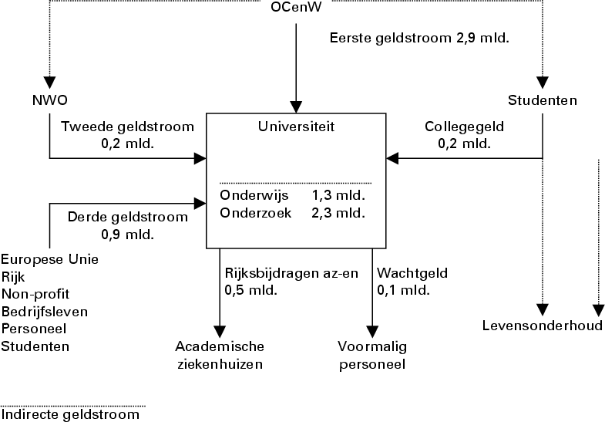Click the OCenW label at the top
[x=296, y=9]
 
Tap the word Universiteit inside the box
[x=295, y=124]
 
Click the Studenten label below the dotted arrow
[x=543, y=100]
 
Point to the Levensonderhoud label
[x=543, y=325]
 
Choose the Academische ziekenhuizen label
[x=220, y=354]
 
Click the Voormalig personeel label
[x=372, y=354]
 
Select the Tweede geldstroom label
[x=127, y=127]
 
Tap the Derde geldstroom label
[x=127, y=217]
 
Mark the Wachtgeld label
[x=412, y=273]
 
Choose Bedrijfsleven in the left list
[x=45, y=312]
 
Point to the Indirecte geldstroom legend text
[x=72, y=415]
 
